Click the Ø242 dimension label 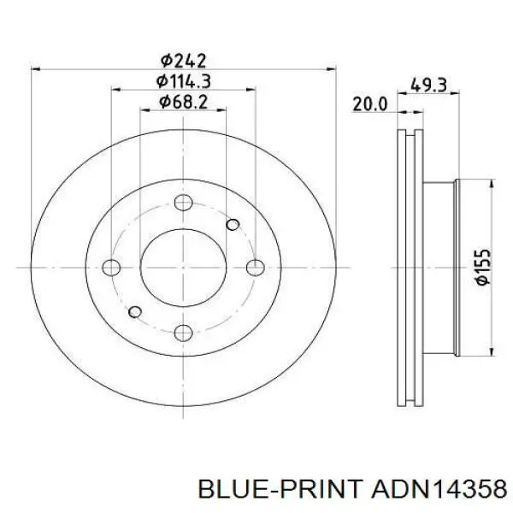tap(184, 61)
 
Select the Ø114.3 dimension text tap(183, 81)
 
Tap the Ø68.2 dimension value tap(183, 102)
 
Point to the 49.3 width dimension tap(428, 85)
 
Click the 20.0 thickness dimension tap(370, 104)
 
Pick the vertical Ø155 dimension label tap(483, 268)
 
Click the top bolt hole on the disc tap(183, 203)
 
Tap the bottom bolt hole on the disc tap(183, 333)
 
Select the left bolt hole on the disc tap(111, 268)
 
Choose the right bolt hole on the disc tap(255, 268)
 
